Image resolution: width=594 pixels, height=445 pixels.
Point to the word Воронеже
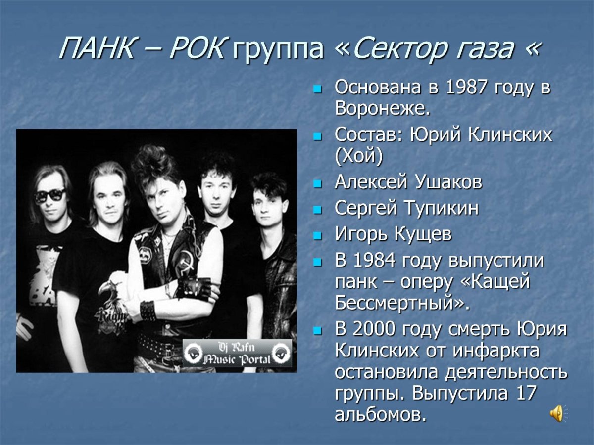(x=382, y=108)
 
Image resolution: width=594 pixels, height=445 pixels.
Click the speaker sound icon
(x=557, y=413)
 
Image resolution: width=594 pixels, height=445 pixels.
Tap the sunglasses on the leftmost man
(x=49, y=195)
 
